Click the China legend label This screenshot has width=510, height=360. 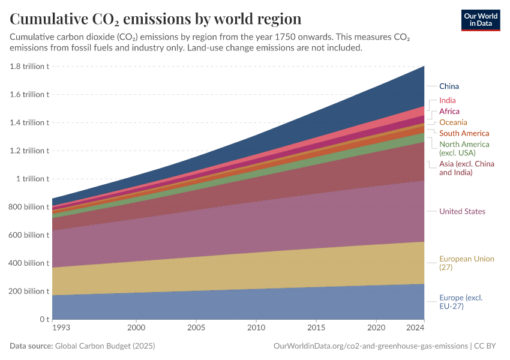(449, 86)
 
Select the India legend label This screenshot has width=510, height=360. (447, 101)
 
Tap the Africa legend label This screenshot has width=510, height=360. (449, 112)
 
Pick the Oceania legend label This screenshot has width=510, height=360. (453, 122)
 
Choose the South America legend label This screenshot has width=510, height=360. (464, 133)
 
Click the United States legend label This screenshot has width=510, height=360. (462, 211)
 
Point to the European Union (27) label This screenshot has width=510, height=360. (466, 263)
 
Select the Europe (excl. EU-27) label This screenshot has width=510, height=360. (460, 302)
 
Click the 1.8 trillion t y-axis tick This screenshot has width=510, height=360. (29, 67)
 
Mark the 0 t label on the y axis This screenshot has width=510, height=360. (44, 319)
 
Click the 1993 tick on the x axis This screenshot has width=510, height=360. (61, 328)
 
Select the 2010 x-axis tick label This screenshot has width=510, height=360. (256, 328)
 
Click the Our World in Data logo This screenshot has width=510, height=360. (480, 20)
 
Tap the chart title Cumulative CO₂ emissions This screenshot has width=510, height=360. (155, 19)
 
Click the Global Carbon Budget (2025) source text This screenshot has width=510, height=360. (105, 346)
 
